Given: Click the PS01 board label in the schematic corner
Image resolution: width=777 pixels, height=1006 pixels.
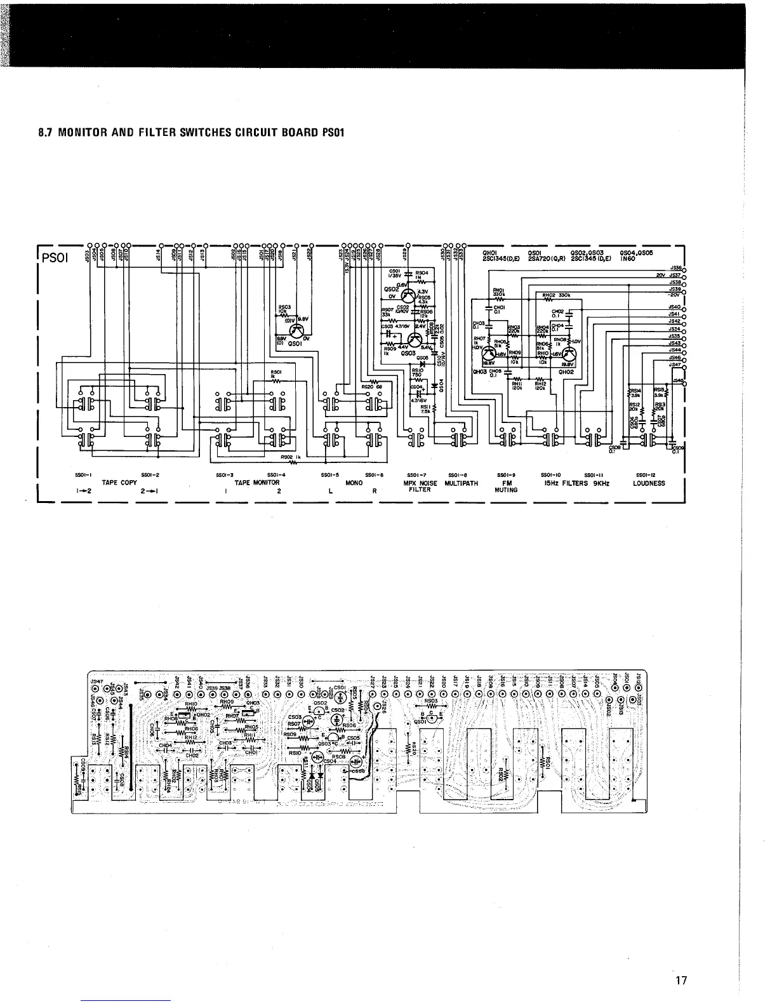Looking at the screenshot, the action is point(58,260).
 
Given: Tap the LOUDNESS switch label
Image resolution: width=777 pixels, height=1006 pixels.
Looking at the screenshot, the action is point(649,483).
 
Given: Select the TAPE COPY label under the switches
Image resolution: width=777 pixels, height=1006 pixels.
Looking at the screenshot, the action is point(119,483).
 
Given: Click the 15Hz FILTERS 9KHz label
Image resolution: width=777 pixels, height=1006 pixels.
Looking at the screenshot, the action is point(576,483).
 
